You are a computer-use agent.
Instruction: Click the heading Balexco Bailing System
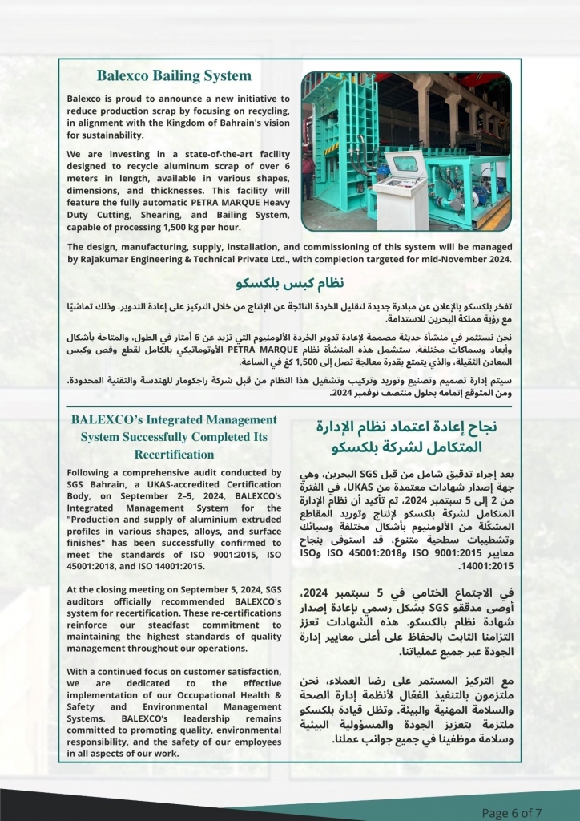click(x=174, y=76)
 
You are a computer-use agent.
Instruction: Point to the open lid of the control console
click(x=408, y=164)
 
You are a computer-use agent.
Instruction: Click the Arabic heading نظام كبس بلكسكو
click(x=290, y=285)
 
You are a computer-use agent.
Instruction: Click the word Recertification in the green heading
click(x=174, y=454)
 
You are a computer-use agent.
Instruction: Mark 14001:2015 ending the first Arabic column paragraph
click(x=328, y=564)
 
